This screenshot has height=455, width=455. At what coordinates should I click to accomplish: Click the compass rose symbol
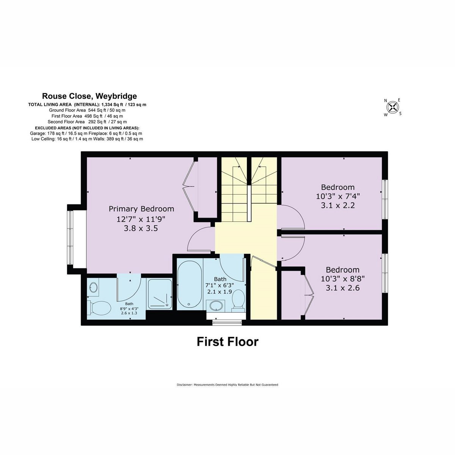[x=392, y=107]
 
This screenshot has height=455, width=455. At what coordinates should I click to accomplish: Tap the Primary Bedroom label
[x=141, y=209]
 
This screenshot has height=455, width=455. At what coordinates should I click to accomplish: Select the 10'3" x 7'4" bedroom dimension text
[x=338, y=196]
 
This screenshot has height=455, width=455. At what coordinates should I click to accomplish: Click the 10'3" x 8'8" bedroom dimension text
[x=343, y=279]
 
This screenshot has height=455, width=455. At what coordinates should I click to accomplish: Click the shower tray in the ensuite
[x=160, y=294]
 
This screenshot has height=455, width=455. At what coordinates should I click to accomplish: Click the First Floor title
[x=227, y=342]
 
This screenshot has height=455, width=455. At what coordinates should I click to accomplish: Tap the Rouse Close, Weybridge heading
[x=89, y=96]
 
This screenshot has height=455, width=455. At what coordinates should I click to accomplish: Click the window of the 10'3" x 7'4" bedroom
[x=385, y=199]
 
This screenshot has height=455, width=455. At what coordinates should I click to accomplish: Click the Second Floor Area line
[x=87, y=122]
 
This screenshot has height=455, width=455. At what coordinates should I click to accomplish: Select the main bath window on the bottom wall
[x=227, y=322]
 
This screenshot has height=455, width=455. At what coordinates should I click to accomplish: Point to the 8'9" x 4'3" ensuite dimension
[x=129, y=309]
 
